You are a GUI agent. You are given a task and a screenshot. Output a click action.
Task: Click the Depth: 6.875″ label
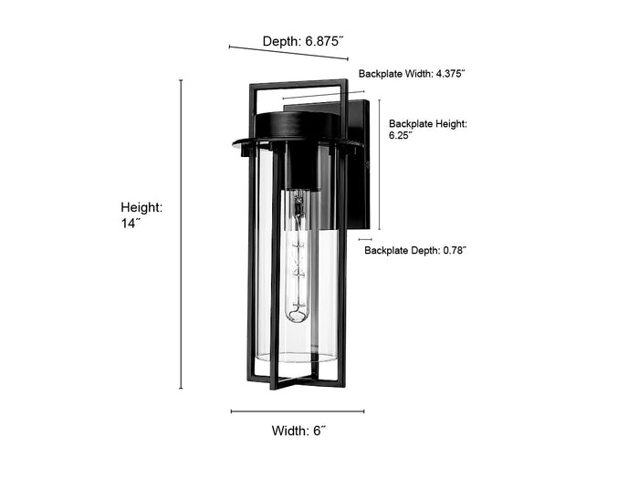303,41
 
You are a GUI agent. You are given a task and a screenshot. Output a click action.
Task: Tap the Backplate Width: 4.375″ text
412,74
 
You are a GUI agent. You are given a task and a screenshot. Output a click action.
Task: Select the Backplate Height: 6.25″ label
428,130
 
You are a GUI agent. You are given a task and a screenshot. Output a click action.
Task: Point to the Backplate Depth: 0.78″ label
414,250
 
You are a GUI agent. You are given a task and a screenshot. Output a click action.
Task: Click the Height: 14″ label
141,215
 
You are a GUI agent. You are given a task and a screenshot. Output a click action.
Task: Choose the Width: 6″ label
299,431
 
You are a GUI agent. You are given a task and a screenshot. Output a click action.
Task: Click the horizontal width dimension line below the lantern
298,411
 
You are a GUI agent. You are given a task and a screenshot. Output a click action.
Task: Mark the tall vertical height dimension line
181,234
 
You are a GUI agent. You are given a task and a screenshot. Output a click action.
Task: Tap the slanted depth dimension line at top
288,53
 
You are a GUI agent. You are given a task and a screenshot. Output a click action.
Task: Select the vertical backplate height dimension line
380,164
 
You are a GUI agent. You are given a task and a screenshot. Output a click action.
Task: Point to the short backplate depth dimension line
365,239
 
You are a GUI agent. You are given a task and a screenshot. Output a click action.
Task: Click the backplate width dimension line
323,95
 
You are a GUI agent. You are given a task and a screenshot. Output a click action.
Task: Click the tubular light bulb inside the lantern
297,255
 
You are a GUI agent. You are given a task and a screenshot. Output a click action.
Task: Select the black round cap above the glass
297,126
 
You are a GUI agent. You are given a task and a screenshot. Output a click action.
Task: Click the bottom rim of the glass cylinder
296,358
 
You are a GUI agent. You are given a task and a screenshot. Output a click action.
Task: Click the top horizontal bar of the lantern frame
299,84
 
